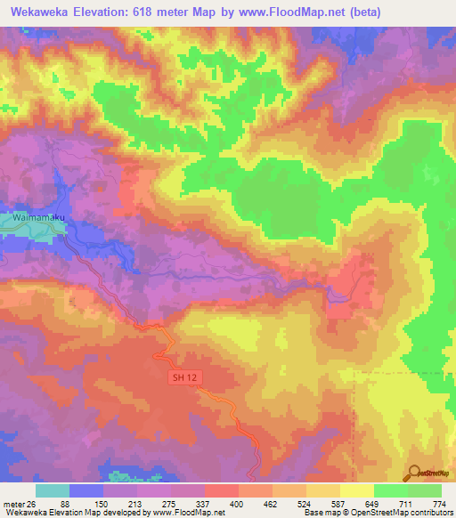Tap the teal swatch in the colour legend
(x=53, y=491)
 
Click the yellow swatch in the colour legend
(x=357, y=491)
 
